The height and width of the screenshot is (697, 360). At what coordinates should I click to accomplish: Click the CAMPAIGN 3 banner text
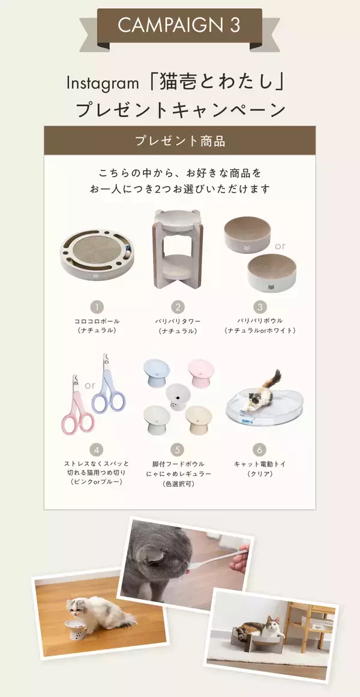click(x=179, y=25)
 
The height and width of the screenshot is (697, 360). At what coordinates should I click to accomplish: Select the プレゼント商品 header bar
click(x=179, y=141)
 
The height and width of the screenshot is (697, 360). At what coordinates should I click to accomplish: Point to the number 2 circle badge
click(x=178, y=307)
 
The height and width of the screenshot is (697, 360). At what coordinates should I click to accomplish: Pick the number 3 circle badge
click(x=260, y=307)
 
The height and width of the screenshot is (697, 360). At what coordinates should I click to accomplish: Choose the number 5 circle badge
click(x=178, y=449)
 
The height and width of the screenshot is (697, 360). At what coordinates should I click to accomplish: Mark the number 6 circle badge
click(x=260, y=449)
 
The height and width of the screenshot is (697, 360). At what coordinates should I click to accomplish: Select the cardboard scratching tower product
click(x=178, y=249)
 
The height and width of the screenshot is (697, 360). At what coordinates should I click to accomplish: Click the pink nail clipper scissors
click(x=78, y=408)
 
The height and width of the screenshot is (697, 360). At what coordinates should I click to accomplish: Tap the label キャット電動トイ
click(x=260, y=464)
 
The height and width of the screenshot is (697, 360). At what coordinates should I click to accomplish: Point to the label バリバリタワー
click(x=178, y=321)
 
